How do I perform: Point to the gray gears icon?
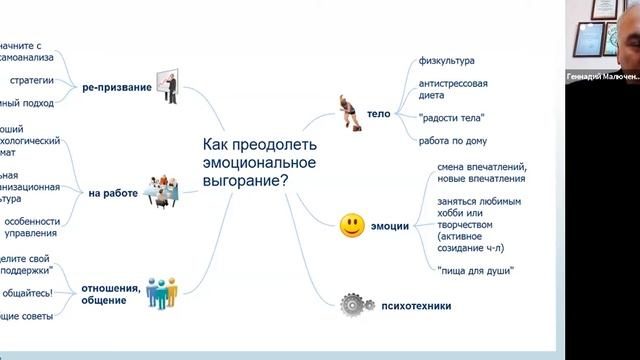point(350,303)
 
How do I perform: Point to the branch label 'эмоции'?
point(390,227)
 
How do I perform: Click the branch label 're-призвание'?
point(119,88)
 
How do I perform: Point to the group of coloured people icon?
point(161,292)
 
